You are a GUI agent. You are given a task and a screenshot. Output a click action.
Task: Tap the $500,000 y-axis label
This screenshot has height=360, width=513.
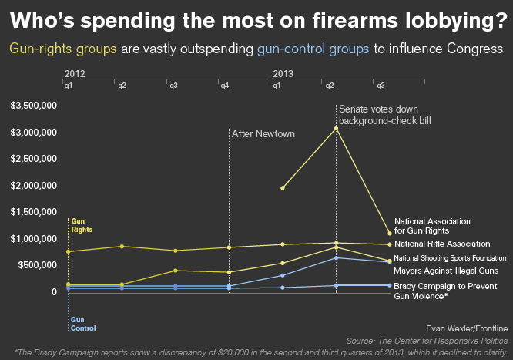point(38,265)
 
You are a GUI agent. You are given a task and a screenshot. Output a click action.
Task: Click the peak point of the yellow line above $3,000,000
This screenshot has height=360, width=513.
point(336,128)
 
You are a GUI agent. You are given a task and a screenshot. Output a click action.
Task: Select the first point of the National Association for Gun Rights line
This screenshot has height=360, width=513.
point(283,187)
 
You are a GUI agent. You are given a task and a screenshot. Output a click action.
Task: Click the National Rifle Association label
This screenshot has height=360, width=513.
point(442,244)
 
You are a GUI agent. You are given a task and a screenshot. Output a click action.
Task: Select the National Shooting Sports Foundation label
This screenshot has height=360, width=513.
point(450,257)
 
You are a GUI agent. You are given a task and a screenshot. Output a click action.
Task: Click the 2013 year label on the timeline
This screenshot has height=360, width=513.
point(282,72)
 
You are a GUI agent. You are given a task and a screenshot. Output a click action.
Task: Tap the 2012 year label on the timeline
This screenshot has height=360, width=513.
point(75,72)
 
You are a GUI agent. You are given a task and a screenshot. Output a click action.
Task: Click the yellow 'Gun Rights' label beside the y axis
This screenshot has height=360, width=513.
point(82,225)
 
